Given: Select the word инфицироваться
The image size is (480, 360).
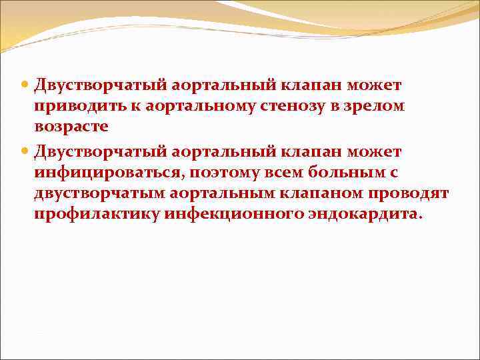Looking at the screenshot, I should click(111, 173).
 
